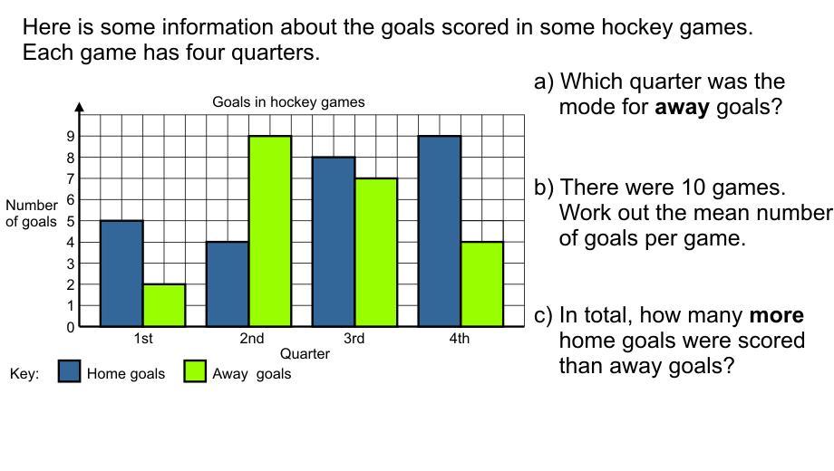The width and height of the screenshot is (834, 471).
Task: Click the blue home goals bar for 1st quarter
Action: click(121, 274)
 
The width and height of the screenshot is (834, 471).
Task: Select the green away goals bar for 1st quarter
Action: click(164, 305)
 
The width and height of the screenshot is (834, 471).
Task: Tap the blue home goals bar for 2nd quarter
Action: click(228, 284)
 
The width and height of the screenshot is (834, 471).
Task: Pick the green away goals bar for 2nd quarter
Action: click(269, 231)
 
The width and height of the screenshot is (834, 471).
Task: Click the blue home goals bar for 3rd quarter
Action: click(333, 242)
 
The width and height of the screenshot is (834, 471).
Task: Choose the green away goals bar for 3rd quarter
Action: click(375, 253)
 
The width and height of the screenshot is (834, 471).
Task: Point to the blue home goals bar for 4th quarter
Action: click(440, 231)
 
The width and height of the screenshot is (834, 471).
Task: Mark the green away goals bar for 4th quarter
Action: click(482, 284)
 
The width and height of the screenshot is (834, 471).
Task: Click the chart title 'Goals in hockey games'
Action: click(288, 101)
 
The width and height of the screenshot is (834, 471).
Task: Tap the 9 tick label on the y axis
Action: click(70, 136)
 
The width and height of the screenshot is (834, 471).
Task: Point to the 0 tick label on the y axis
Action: click(70, 328)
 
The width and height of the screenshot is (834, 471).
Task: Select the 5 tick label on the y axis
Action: click(70, 221)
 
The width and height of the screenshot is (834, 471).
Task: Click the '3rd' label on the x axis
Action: click(354, 338)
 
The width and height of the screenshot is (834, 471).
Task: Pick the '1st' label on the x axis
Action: click(143, 338)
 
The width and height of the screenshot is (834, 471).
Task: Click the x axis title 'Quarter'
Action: click(305, 353)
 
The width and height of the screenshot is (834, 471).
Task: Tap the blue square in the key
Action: click(69, 371)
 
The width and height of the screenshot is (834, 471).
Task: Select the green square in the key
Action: click(195, 371)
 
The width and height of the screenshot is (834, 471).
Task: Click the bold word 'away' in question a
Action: click(682, 108)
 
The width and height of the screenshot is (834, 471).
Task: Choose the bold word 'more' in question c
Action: click(777, 315)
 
